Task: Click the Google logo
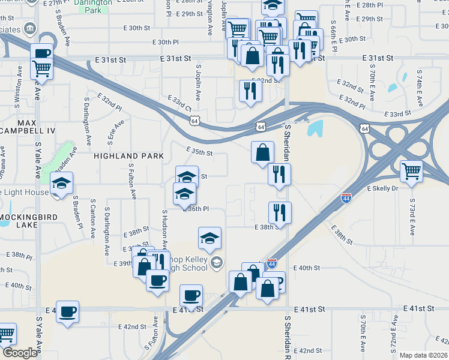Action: tap(20, 353)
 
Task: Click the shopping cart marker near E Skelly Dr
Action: tap(411, 172)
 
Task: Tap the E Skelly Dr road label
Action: tap(382, 188)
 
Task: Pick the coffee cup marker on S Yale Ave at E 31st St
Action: tap(41, 53)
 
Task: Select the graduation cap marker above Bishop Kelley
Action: tap(209, 238)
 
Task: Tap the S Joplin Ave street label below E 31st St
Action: tap(197, 84)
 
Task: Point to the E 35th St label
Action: tap(199, 152)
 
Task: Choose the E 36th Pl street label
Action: tap(196, 209)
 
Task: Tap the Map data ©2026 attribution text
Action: tap(423, 355)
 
